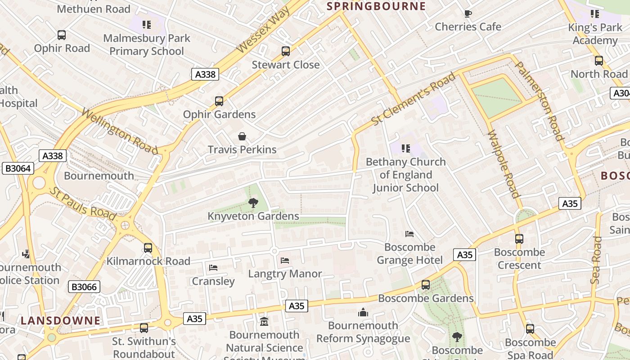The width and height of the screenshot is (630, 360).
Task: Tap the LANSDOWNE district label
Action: click(60, 321)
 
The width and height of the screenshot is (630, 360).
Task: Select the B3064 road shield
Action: click(18, 168)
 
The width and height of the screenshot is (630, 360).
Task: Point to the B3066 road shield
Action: click(84, 287)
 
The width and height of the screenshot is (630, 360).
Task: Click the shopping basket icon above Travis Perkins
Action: click(242, 136)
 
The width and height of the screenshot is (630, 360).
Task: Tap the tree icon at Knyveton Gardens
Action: click(253, 203)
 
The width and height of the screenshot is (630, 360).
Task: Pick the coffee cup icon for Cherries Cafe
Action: click(468, 13)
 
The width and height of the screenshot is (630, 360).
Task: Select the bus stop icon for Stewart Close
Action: click(286, 51)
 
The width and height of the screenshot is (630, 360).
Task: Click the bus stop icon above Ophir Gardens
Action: click(219, 101)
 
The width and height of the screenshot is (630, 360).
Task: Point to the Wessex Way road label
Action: click(262, 30)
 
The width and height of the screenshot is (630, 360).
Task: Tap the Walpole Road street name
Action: click(503, 164)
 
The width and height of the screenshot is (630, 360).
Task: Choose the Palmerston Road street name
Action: click(539, 101)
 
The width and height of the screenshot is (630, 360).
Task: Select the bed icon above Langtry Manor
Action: click(285, 260)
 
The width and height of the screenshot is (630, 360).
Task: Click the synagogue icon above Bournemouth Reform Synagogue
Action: click(363, 312)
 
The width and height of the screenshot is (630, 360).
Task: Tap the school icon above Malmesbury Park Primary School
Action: click(147, 24)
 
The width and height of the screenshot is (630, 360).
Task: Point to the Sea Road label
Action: click(596, 260)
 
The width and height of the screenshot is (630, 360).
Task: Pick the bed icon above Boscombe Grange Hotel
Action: click(409, 234)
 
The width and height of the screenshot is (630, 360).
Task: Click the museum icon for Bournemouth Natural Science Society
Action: click(264, 322)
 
